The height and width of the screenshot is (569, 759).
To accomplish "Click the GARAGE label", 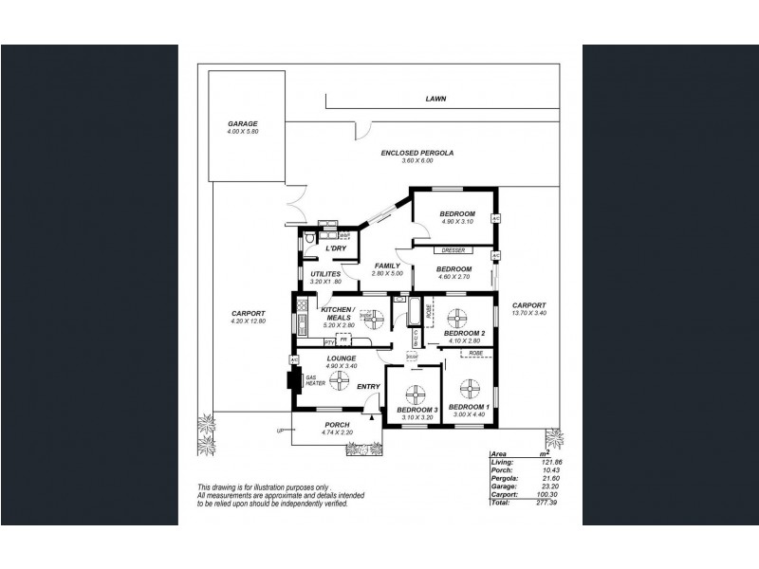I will (x=242, y=123).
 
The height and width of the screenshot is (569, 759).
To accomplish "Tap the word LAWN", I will (x=435, y=98).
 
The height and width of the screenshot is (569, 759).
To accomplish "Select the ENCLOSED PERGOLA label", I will (x=417, y=153).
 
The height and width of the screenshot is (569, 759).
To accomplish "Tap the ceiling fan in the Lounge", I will (x=339, y=380).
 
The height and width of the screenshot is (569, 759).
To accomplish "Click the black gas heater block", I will (x=295, y=381).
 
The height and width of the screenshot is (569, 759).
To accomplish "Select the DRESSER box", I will (x=453, y=250).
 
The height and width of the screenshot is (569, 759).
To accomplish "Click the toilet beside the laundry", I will (x=310, y=241).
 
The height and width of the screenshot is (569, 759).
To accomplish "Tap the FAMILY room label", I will (x=386, y=266).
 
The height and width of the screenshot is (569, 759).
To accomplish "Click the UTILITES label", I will (x=325, y=274).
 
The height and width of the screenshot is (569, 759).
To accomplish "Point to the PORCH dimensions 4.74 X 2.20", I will (x=337, y=432).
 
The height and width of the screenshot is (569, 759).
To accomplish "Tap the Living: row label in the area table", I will (x=501, y=462).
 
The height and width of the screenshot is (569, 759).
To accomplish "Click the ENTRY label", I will (x=368, y=386).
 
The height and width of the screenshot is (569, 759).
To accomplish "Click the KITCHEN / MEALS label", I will (x=338, y=315).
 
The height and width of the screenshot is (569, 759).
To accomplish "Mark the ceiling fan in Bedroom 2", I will (x=457, y=316).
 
